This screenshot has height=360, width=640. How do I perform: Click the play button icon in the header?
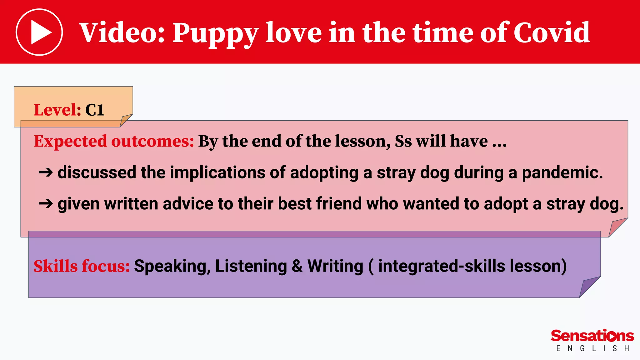(39, 32)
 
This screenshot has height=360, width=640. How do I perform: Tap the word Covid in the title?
(551, 32)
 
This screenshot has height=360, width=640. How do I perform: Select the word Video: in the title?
(122, 32)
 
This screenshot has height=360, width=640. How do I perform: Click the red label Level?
(57, 110)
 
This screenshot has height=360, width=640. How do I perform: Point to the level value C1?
(95, 110)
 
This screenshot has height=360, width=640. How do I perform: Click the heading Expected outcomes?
(114, 141)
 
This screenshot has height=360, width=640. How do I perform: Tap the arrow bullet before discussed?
(46, 172)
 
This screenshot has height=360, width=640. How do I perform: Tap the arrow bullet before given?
(46, 204)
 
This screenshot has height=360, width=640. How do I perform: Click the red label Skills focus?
(82, 266)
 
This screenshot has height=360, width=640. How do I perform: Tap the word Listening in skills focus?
(251, 266)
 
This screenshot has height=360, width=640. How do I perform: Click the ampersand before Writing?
(297, 266)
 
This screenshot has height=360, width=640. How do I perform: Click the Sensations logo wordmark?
(592, 336)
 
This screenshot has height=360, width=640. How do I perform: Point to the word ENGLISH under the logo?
(592, 348)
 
